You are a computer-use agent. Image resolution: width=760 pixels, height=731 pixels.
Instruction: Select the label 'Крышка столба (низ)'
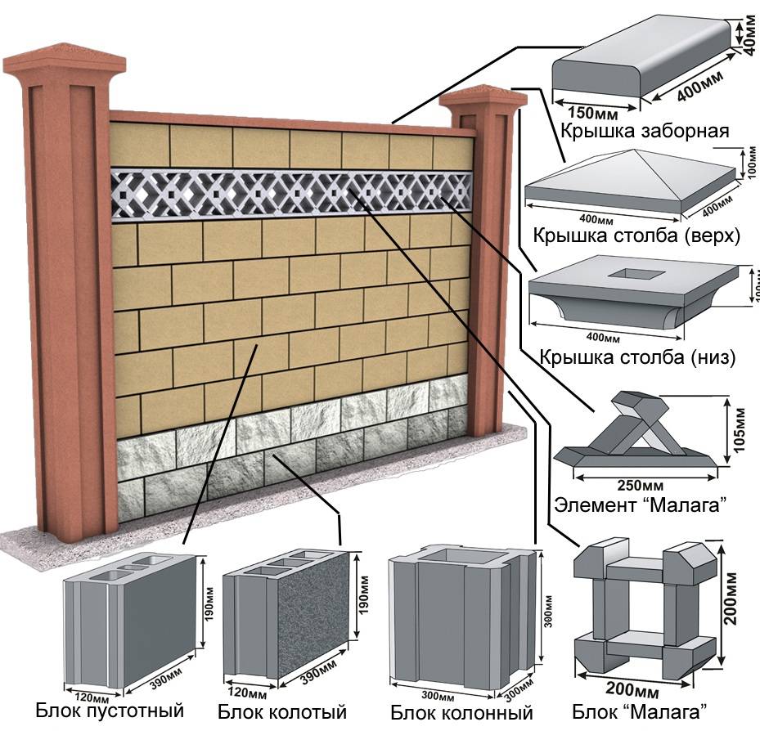tap(637, 357)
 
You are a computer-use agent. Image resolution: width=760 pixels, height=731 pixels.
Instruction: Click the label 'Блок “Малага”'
tap(638, 708)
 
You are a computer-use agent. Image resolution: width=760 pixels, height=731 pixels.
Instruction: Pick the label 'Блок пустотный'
tap(110, 709)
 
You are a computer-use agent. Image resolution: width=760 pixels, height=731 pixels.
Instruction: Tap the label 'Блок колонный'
tap(461, 711)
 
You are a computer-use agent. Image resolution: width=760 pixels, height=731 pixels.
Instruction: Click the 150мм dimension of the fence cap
tap(583, 111)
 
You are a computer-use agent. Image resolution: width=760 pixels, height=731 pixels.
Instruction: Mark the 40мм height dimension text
tap(750, 35)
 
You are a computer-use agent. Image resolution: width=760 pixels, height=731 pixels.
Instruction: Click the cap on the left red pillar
tap(64, 62)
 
